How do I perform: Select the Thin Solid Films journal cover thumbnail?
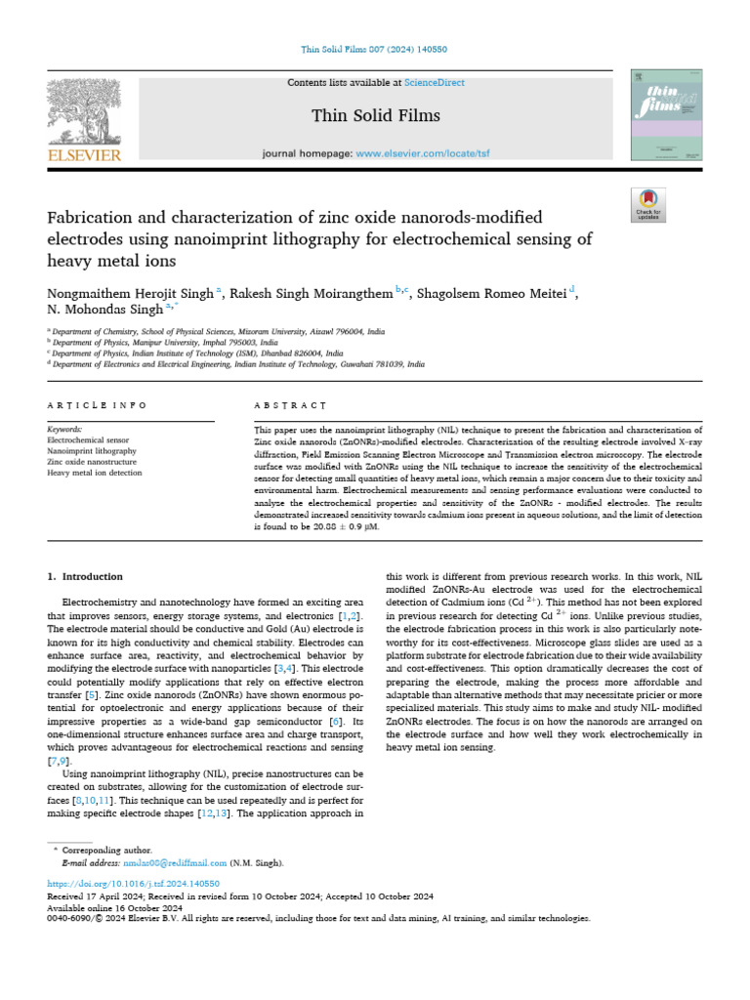[666, 115]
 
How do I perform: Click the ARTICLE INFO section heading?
[97, 404]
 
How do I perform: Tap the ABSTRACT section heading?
[289, 404]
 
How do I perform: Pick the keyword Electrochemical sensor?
[89, 440]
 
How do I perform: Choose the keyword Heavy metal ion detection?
[95, 473]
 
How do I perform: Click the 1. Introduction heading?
[86, 576]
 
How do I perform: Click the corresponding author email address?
[175, 863]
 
